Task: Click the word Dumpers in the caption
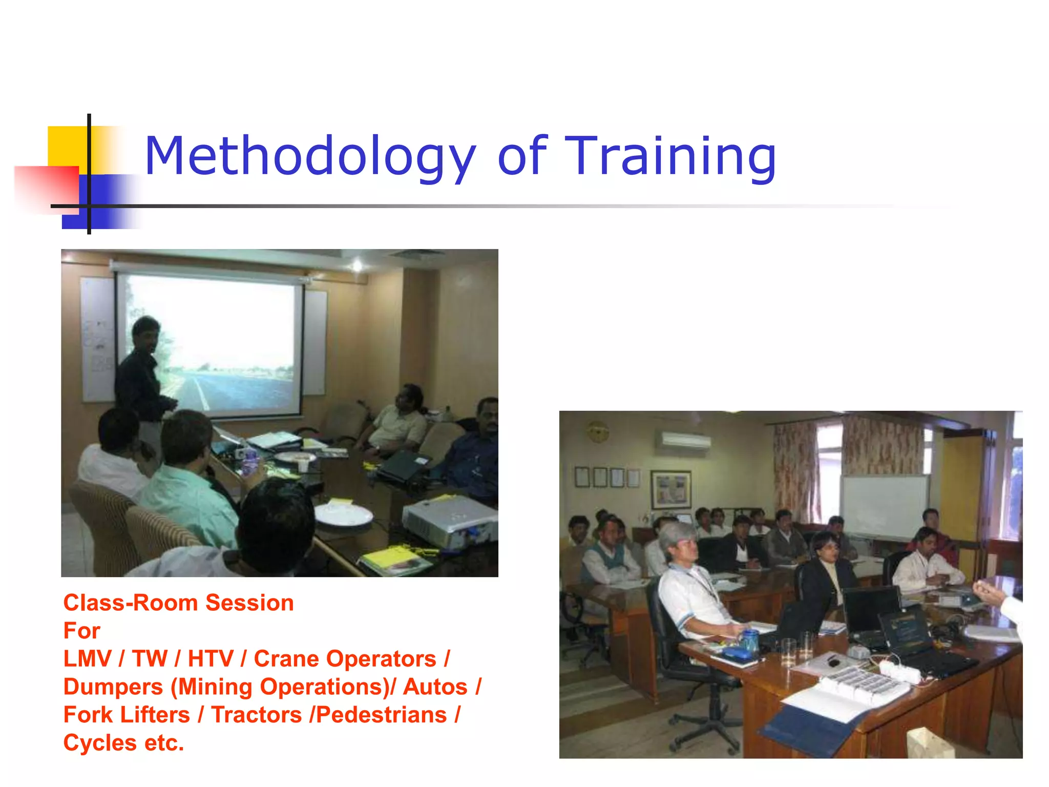(x=113, y=687)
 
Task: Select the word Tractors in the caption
(x=257, y=715)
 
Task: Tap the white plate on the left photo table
(x=342, y=514)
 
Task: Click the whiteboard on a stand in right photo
(x=884, y=505)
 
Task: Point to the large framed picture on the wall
(x=670, y=489)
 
